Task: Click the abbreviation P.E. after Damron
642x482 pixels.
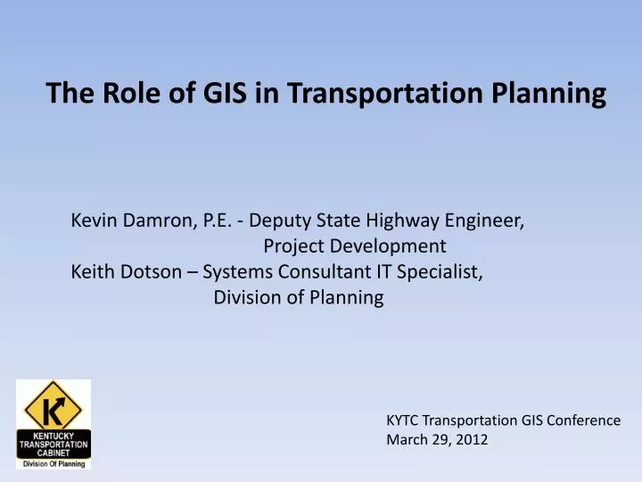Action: [214, 219]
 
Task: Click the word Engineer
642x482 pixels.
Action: [490, 219]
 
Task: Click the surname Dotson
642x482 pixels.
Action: [155, 272]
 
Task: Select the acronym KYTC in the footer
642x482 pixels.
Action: [402, 420]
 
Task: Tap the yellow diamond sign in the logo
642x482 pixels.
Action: [53, 406]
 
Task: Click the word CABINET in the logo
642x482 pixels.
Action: [53, 452]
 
